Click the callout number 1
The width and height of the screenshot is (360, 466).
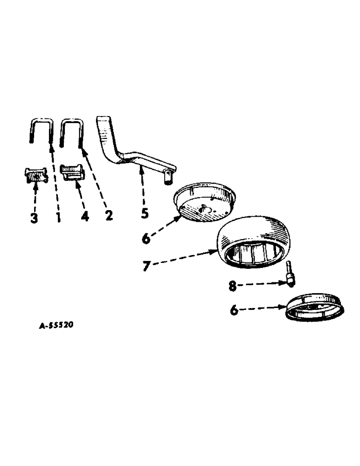tap(58, 217)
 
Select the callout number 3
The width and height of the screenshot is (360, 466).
tap(34, 218)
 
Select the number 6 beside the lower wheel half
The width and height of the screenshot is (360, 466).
tap(234, 310)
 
